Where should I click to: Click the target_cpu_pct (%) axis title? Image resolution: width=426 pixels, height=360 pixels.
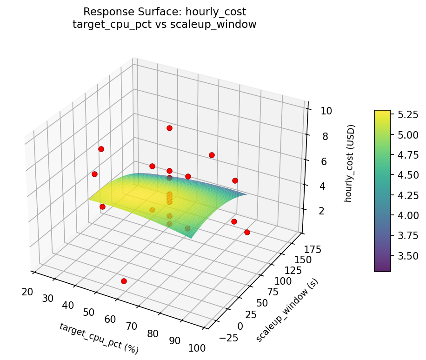click(x=99, y=337)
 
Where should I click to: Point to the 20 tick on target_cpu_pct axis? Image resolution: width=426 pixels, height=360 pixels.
click(x=27, y=292)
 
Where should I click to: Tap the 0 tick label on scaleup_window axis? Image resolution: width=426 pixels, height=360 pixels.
click(x=240, y=326)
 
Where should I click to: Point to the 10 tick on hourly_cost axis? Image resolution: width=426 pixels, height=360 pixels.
click(x=326, y=111)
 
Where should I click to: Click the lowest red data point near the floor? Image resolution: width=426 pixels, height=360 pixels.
click(x=124, y=281)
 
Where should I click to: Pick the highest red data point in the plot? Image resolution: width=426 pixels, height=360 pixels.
click(x=169, y=128)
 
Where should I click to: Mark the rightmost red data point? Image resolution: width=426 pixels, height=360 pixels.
click(x=247, y=232)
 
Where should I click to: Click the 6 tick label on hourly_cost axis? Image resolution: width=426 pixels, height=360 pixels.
click(x=323, y=161)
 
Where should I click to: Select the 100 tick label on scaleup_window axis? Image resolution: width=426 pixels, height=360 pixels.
click(x=283, y=281)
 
